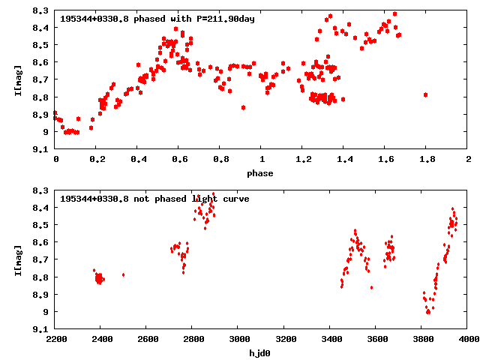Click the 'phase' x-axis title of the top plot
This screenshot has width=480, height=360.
tap(261, 172)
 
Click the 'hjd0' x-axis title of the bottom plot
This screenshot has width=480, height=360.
tap(261, 352)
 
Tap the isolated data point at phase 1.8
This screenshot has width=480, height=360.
tap(425, 94)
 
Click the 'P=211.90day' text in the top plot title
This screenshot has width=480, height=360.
tap(223, 19)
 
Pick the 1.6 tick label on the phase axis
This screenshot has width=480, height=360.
tap(385, 160)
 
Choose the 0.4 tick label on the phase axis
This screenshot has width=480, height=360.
tap(138, 160)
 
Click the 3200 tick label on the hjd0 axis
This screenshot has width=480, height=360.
tap(283, 340)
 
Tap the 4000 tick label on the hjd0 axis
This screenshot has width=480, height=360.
tap(468, 340)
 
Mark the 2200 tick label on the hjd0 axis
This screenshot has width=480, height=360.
tap(55, 340)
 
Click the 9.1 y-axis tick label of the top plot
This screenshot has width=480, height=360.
tap(42, 149)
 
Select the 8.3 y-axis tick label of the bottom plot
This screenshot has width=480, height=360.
tap(42, 190)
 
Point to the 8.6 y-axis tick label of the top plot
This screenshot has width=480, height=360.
tap(42, 62)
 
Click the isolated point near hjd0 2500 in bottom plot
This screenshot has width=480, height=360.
tap(124, 275)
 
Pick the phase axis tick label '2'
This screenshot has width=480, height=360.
tap(468, 160)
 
